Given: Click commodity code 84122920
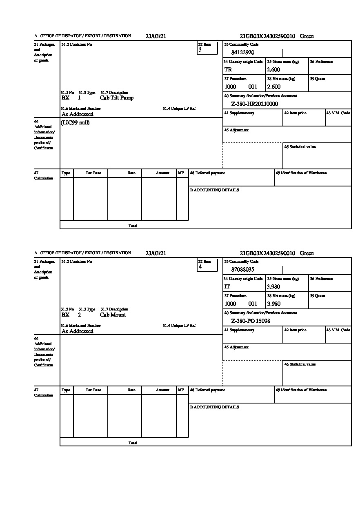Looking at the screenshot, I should click(243, 53).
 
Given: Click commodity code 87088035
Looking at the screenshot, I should click(243, 270).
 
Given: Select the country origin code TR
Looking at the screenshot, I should click(228, 70).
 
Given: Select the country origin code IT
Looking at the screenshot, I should click(227, 287).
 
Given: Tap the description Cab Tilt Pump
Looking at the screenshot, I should click(116, 98).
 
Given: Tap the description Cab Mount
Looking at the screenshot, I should click(113, 315).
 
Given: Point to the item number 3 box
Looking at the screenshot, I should click(207, 49).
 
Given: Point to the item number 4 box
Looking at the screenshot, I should click(207, 266).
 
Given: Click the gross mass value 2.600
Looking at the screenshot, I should click(273, 70).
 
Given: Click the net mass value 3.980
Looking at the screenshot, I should click(273, 304).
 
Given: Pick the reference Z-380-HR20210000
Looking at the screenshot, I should click(254, 104).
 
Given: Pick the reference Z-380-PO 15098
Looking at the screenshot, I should click(251, 321).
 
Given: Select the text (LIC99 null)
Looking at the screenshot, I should click(75, 123).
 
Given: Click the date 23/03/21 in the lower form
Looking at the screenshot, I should click(156, 253).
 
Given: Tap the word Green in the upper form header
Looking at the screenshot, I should click(307, 36).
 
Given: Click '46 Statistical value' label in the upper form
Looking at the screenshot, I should click(300, 147).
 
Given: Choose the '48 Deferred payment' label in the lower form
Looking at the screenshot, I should click(207, 390).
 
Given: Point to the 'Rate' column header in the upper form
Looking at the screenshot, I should click(131, 173).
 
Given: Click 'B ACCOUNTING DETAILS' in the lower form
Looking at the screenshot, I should click(214, 407).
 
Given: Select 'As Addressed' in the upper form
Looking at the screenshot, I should click(78, 114).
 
